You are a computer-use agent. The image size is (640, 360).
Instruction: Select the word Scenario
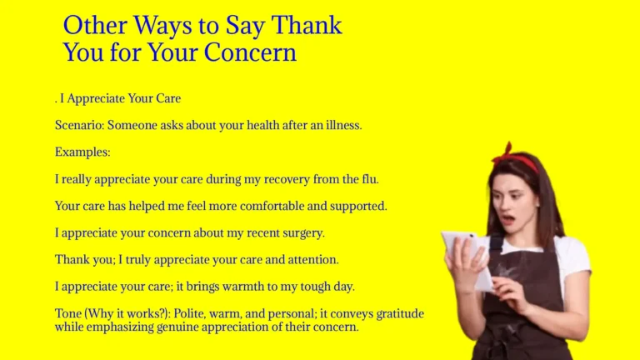pyautogui.click(x=79, y=125)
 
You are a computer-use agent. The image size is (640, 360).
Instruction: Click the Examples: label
pyautogui.click(x=82, y=152)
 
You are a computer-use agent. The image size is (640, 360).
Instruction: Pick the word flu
pyautogui.click(x=368, y=178)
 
